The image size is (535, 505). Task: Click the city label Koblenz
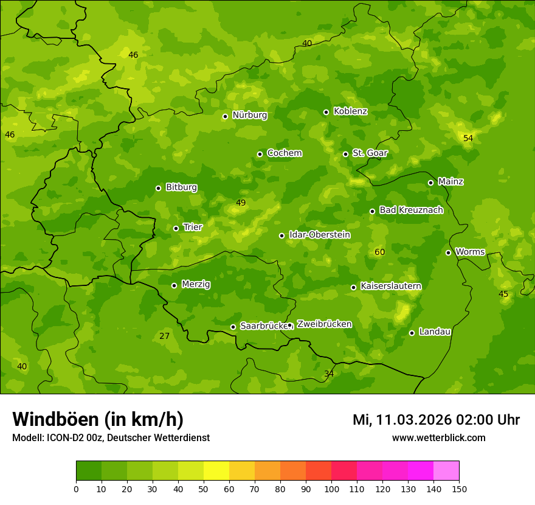[350, 111]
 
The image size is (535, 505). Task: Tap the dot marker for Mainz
[430, 183]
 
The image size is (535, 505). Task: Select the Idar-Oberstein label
[319, 235]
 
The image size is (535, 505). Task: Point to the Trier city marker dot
[176, 229]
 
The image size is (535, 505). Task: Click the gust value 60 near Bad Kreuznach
[379, 252]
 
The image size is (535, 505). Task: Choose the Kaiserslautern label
[390, 286]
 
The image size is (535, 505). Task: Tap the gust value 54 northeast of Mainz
[468, 139]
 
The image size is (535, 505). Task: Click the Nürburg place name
[249, 115]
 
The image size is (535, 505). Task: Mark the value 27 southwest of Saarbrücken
[164, 336]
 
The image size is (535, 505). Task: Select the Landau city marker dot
[412, 333]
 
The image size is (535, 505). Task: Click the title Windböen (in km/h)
[98, 419]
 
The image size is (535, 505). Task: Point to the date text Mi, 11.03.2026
[403, 420]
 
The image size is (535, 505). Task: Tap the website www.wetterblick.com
[438, 438]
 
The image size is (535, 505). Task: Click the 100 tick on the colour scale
[331, 489]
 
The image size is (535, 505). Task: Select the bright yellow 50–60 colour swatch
[216, 471]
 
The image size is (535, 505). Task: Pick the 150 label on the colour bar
[459, 489]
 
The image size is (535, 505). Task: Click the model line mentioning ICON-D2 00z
[111, 438]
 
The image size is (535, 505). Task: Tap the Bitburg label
[181, 187]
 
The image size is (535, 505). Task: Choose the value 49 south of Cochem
[241, 203]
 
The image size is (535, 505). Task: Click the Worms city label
[469, 252]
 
